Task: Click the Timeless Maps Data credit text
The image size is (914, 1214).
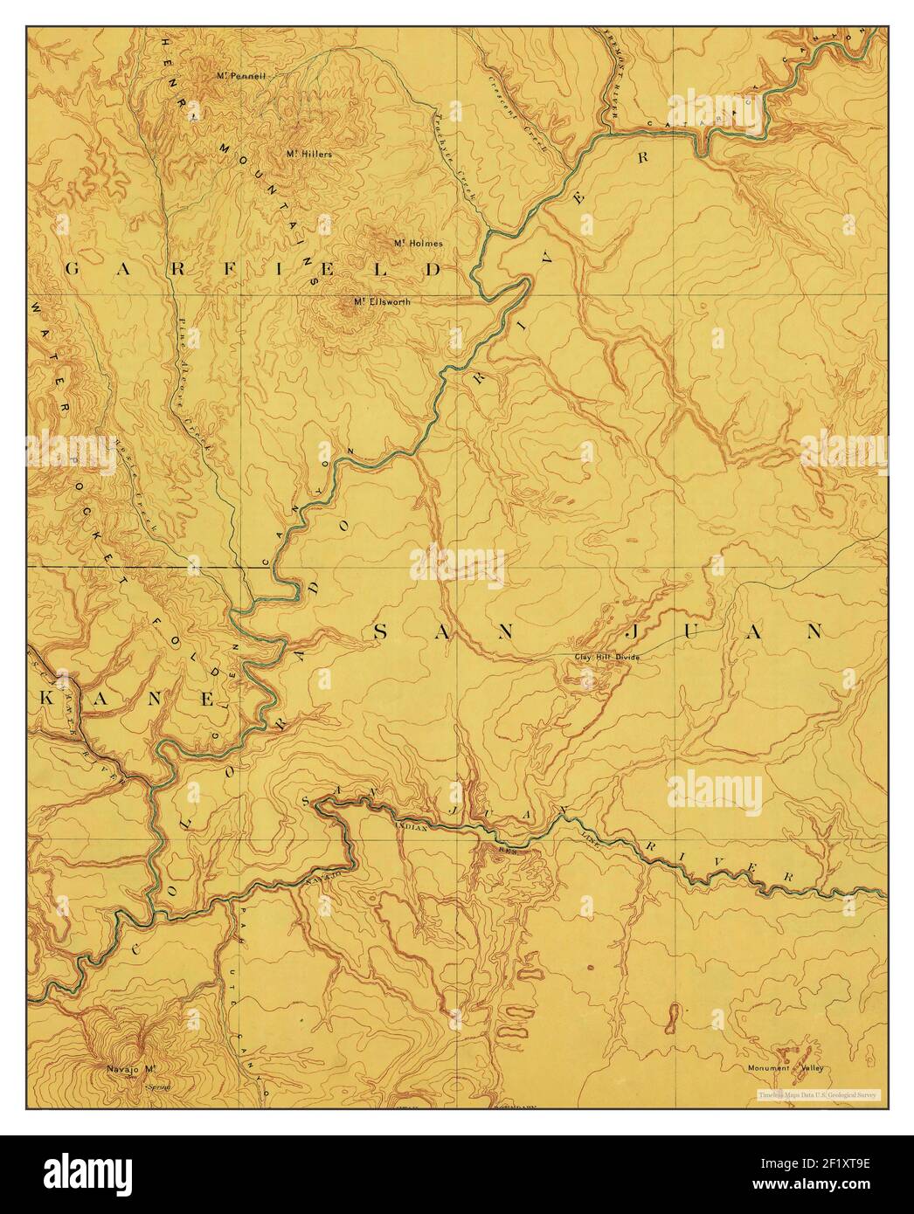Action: [820, 1093]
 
